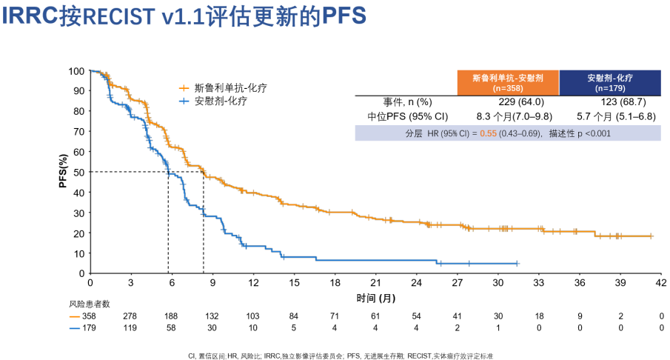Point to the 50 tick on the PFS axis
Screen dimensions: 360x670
click(78, 172)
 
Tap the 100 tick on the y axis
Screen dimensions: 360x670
click(76, 71)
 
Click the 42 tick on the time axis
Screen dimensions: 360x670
click(661, 283)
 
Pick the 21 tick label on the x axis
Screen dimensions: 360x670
click(375, 283)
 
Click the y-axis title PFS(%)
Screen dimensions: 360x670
click(64, 172)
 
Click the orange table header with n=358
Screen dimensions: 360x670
click(509, 83)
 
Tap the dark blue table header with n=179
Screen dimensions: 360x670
click(609, 83)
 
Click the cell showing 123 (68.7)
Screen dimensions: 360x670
click(609, 102)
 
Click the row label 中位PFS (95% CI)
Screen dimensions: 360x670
click(408, 116)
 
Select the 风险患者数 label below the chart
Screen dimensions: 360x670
click(90, 304)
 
